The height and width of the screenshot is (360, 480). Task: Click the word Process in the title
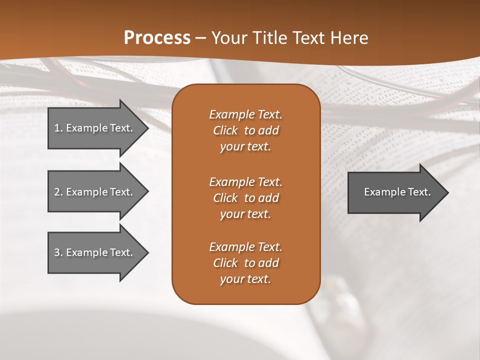click(157, 38)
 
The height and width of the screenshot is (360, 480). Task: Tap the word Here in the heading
click(349, 38)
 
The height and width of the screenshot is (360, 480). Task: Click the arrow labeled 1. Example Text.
click(95, 128)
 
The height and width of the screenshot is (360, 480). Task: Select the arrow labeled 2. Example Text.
click(95, 192)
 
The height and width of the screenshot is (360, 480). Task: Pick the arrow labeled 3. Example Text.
click(95, 252)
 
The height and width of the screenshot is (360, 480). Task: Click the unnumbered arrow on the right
click(395, 192)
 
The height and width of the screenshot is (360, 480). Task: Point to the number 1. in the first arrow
click(58, 128)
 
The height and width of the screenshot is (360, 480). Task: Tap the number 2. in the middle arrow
click(58, 192)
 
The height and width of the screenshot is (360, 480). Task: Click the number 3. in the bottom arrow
click(58, 252)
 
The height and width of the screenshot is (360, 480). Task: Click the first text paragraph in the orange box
click(245, 130)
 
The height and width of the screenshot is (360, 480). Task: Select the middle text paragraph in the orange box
click(245, 198)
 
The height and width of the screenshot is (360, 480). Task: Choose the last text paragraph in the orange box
click(245, 263)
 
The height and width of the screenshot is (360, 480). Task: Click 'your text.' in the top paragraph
click(245, 146)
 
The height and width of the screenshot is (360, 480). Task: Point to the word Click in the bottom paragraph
click(225, 263)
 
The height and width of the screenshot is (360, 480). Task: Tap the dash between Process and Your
click(201, 38)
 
